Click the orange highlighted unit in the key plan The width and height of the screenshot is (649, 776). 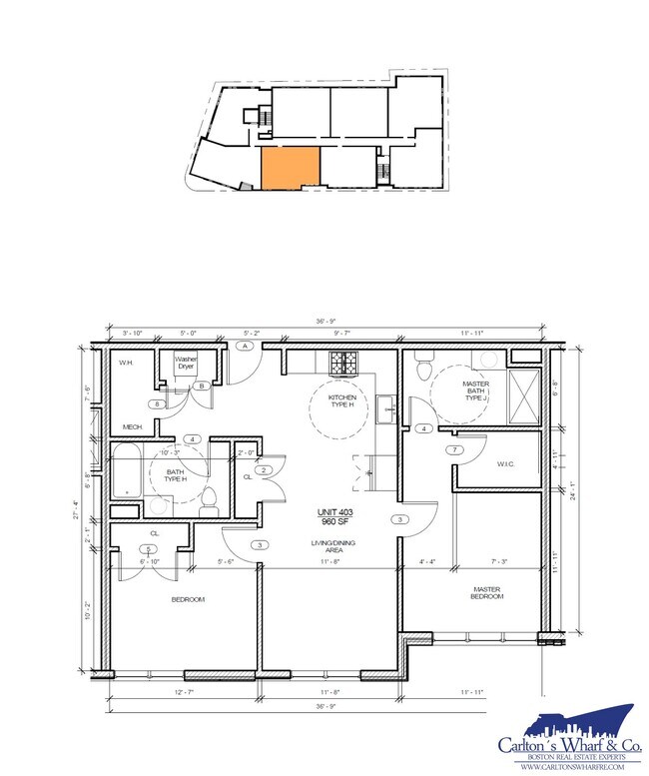pyautogui.click(x=291, y=167)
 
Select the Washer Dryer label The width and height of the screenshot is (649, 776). pyautogui.click(x=187, y=364)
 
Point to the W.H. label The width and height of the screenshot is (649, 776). pyautogui.click(x=126, y=363)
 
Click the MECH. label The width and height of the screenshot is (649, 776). pyautogui.click(x=132, y=427)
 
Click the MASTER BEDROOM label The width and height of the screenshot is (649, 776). pyautogui.click(x=486, y=593)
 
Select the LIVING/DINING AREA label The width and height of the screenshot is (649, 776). pyautogui.click(x=334, y=546)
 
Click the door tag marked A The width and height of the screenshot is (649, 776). pyautogui.click(x=245, y=347)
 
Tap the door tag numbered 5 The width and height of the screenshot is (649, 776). pyautogui.click(x=149, y=550)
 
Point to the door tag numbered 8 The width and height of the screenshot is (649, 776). pyautogui.click(x=158, y=403)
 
